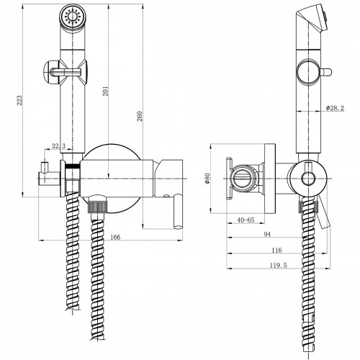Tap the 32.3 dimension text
point(59,146)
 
